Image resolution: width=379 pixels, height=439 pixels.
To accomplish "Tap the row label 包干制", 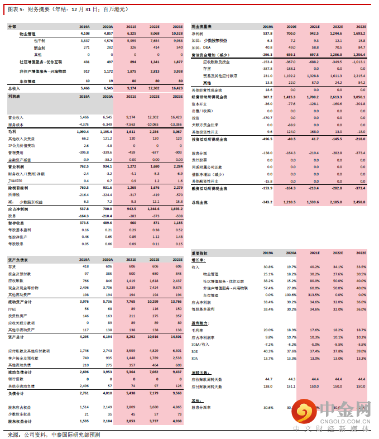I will (40, 41).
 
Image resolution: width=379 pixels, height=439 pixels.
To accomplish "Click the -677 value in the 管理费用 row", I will (153, 151).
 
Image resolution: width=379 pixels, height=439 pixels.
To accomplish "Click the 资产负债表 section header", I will (18, 260).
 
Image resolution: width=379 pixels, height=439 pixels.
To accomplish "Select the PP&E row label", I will (13, 308).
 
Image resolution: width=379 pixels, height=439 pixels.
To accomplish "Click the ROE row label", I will (195, 351).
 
